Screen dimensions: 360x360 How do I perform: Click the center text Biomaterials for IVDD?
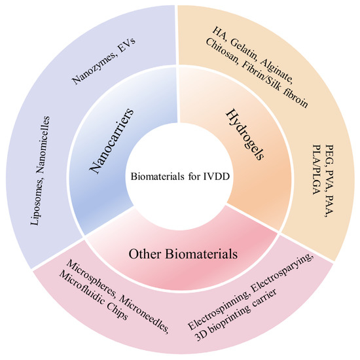(181, 177)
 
